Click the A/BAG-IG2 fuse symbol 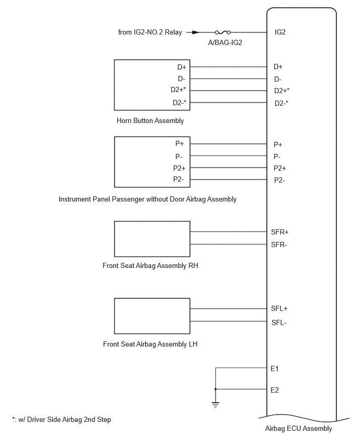click(x=223, y=32)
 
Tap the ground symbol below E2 click(x=216, y=405)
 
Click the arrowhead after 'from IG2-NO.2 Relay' click(x=195, y=32)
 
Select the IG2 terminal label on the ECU click(x=280, y=32)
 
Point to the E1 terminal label click(x=274, y=369)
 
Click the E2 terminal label click(x=274, y=390)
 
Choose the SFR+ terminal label click(x=279, y=232)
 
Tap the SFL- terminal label click(x=279, y=322)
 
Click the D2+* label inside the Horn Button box click(x=178, y=90)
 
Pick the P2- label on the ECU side click(x=279, y=180)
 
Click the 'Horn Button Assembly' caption click(x=150, y=120)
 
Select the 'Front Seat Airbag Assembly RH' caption click(x=150, y=266)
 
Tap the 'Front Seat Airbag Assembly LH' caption click(x=150, y=344)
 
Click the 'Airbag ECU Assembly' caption click(x=298, y=428)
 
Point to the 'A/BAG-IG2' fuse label click(x=225, y=43)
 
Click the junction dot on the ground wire click(x=216, y=389)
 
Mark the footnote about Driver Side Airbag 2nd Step click(x=61, y=419)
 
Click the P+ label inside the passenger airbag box click(x=179, y=143)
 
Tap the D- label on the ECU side click(x=277, y=80)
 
